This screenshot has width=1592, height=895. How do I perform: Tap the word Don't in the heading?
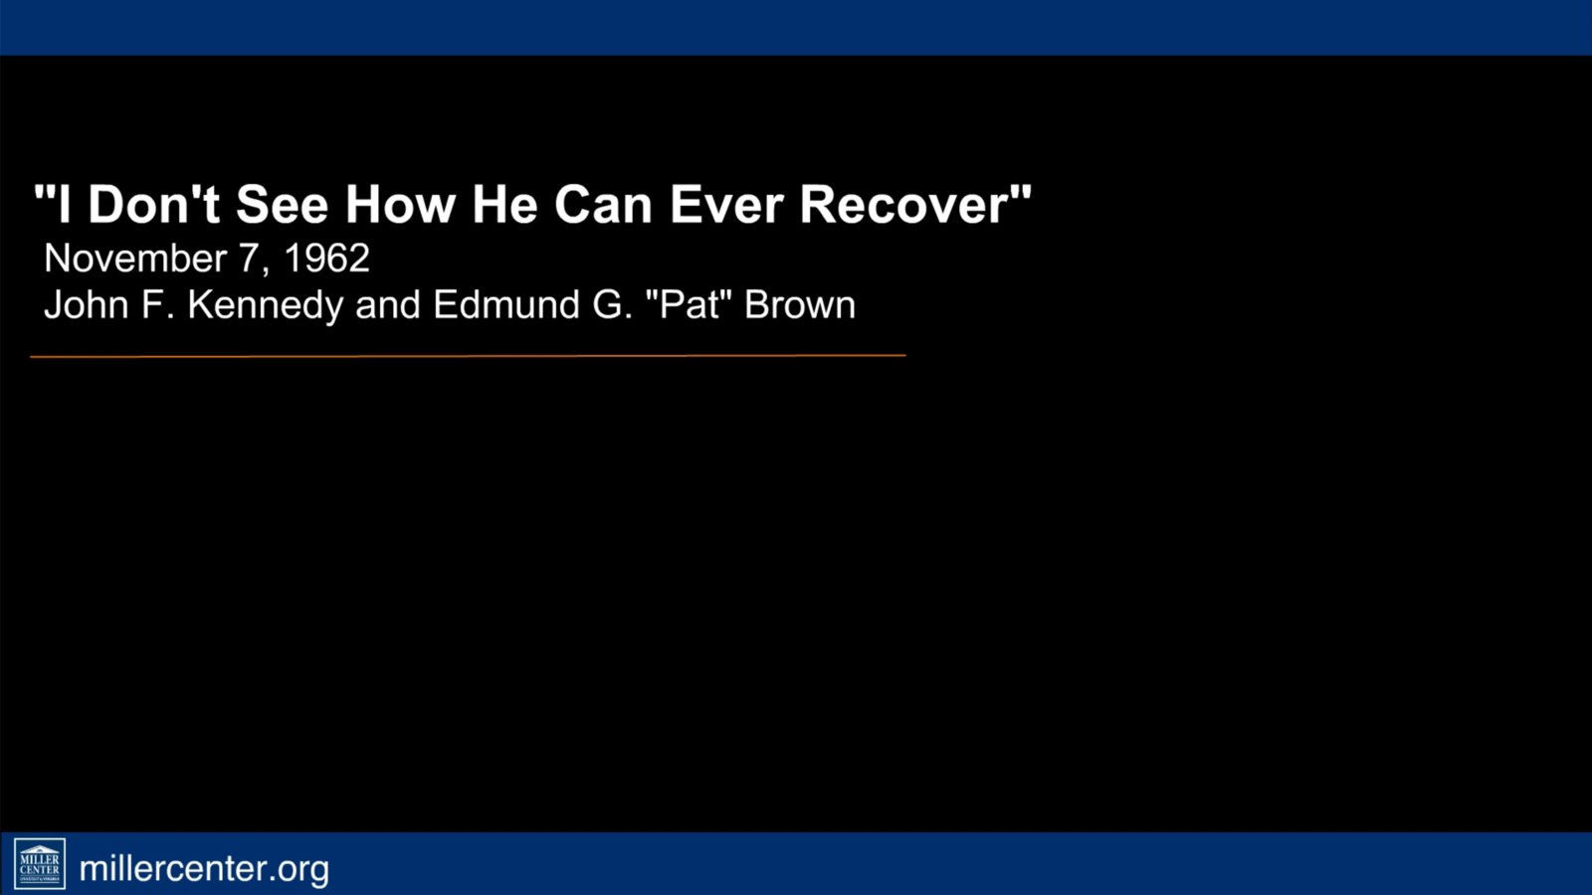click(153, 204)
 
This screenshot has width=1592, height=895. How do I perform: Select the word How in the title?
click(400, 205)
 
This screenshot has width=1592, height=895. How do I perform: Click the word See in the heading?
click(283, 205)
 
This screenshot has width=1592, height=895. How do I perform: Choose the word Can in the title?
click(603, 205)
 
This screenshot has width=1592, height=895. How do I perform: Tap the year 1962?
click(327, 258)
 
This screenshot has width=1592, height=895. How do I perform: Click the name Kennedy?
click(266, 305)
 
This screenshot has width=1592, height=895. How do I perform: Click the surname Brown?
click(800, 304)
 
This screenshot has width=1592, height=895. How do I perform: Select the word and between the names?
click(388, 304)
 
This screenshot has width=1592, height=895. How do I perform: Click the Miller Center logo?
click(40, 864)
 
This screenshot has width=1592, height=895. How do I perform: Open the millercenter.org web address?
click(204, 869)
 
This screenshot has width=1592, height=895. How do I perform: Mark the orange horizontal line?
click(468, 356)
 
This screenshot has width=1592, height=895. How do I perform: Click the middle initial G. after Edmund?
click(612, 304)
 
